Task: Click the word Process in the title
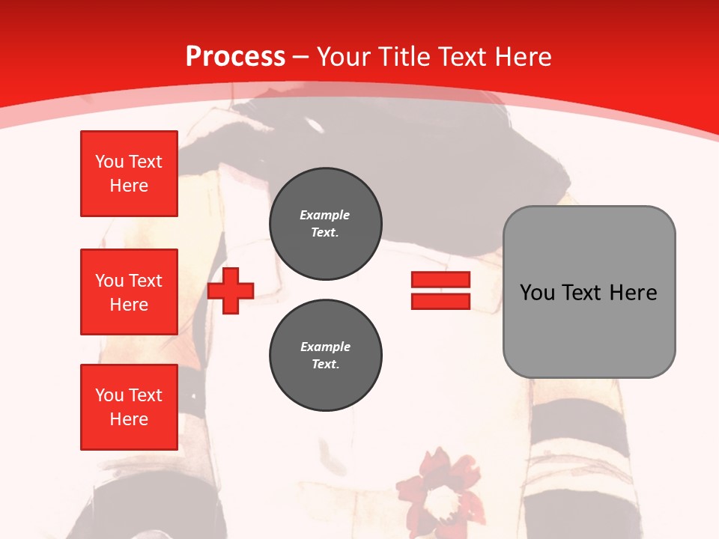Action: coord(235,57)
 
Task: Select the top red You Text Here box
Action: coord(129,174)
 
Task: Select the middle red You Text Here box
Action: coord(129,292)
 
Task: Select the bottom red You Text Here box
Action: coord(129,407)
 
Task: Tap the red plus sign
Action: coord(231,290)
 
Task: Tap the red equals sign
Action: coord(440,290)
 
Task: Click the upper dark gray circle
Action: coord(326,223)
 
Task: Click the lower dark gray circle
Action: coord(326,355)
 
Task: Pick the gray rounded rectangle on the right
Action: coord(589,292)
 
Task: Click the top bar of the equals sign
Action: coord(440,280)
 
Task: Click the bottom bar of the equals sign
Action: coord(440,301)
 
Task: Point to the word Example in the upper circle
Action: coord(325,215)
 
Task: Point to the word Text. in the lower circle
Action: coord(325,365)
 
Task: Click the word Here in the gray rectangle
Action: coord(634,293)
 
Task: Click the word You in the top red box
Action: coord(109,162)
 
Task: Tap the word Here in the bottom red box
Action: coord(129,419)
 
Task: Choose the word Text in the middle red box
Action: coord(145,281)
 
